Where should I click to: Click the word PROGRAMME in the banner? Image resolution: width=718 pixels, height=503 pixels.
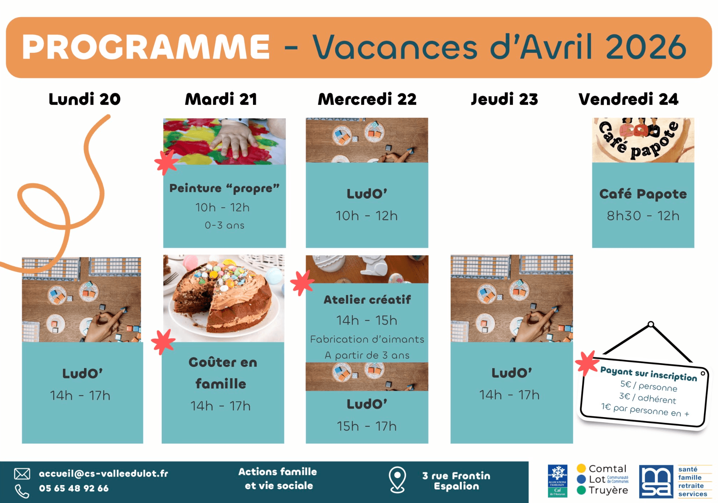(x=146, y=47)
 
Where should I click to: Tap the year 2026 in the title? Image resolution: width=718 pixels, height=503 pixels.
(x=646, y=47)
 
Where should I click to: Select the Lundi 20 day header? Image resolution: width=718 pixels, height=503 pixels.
(x=84, y=99)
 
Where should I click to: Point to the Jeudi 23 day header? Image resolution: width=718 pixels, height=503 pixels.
(x=504, y=99)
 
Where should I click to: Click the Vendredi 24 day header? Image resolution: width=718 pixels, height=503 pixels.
(x=628, y=99)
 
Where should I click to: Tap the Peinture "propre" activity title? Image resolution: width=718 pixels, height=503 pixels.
(x=224, y=188)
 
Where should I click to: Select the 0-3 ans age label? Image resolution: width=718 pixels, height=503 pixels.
(x=224, y=225)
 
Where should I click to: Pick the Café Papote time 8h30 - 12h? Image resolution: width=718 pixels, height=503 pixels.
(x=643, y=216)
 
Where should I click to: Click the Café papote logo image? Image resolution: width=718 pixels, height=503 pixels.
(x=643, y=140)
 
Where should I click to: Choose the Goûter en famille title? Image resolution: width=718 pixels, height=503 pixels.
(x=222, y=373)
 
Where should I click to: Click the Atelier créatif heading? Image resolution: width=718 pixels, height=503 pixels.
(x=367, y=300)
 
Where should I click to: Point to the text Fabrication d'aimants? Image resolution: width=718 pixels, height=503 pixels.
(x=367, y=339)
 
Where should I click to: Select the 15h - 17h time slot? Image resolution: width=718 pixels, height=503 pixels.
(x=367, y=426)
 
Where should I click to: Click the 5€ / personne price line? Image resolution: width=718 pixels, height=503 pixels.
(x=649, y=386)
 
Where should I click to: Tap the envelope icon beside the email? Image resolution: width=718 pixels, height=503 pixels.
(x=22, y=474)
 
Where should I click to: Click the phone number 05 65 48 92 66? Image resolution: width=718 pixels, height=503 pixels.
(x=74, y=488)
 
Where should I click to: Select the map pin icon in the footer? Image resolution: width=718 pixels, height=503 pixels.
(x=397, y=479)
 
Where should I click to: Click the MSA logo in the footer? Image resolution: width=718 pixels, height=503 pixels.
(x=656, y=481)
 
